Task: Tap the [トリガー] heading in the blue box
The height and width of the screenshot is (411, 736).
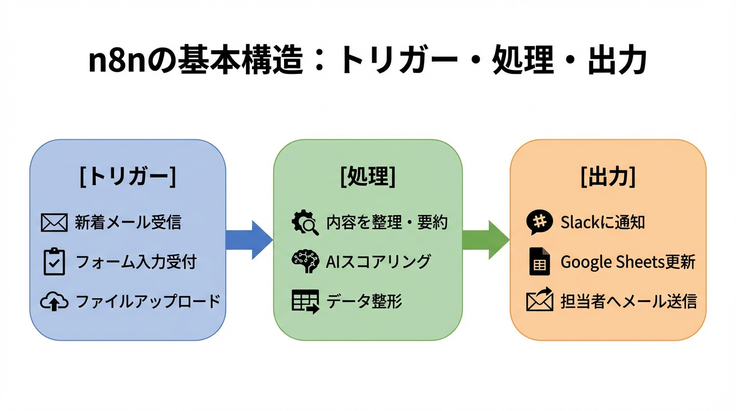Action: (x=127, y=177)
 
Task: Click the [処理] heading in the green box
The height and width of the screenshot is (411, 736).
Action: (x=368, y=177)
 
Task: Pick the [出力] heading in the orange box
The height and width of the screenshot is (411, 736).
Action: (x=608, y=177)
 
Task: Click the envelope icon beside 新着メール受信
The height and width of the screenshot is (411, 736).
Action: (x=54, y=223)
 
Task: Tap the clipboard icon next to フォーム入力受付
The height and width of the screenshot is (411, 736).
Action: (x=54, y=262)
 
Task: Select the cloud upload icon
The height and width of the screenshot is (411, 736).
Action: (x=54, y=302)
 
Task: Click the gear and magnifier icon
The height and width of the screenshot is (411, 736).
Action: (x=305, y=223)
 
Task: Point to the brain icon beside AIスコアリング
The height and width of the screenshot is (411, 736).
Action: (x=305, y=262)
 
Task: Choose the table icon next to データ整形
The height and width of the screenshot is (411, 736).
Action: (x=305, y=301)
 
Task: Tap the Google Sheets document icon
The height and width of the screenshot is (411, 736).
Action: (x=539, y=262)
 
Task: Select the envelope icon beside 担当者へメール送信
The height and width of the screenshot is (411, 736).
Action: (x=539, y=300)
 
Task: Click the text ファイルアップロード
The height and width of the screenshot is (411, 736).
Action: (x=148, y=301)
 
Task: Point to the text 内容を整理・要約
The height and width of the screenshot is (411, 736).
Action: (x=387, y=223)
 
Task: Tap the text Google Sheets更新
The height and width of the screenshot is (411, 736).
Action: (x=628, y=262)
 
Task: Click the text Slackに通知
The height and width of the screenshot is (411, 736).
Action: (x=602, y=223)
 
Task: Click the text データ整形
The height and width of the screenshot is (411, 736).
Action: (x=364, y=301)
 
